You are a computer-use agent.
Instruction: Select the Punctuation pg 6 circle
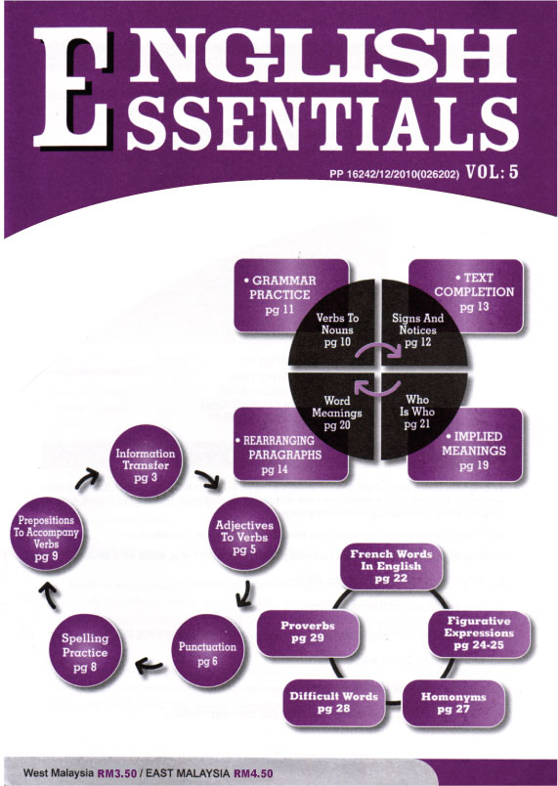pos(207,650)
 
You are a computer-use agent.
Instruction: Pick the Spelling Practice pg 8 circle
pos(85,650)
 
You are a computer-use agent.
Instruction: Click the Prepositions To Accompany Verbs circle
pos(46,533)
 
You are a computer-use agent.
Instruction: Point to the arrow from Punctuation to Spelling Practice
pos(150,666)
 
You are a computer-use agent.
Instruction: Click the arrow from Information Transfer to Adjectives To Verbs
pos(207,479)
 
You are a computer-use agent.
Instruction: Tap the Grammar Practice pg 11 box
pos(290,295)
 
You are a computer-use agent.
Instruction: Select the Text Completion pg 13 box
pos(467,295)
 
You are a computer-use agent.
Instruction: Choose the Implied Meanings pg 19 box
pos(466,444)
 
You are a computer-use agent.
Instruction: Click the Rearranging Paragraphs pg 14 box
pos(289,444)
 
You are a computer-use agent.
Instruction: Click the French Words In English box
pos(391,566)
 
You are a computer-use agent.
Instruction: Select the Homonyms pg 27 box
pos(453,702)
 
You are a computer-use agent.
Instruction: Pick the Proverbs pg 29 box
pos(308,633)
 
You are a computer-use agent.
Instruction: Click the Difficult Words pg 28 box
pos(333,702)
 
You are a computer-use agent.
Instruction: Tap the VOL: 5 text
pos(492,173)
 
